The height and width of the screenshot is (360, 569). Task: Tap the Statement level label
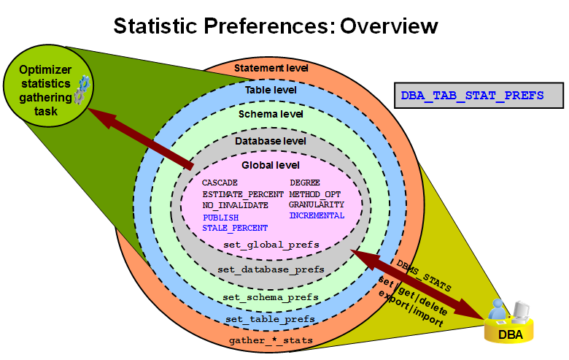pyautogui.click(x=271, y=68)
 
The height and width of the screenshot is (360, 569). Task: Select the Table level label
pyautogui.click(x=271, y=91)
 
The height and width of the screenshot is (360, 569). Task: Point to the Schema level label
pyautogui.click(x=271, y=115)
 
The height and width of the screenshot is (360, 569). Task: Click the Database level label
pyautogui.click(x=271, y=140)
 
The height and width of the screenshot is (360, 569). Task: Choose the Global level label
pyautogui.click(x=271, y=166)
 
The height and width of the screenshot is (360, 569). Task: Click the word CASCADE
pyautogui.click(x=220, y=183)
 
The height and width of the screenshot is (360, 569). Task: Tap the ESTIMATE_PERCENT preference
pyautogui.click(x=243, y=194)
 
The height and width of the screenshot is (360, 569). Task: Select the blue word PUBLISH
pyautogui.click(x=221, y=218)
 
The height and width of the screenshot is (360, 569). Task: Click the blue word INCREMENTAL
pyautogui.click(x=317, y=216)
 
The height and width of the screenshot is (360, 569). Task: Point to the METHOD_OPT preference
pyautogui.click(x=315, y=194)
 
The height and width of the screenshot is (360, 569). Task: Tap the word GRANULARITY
pyautogui.click(x=317, y=205)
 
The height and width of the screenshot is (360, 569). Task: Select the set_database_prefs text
pyautogui.click(x=271, y=269)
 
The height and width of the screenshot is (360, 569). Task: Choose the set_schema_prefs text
pyautogui.click(x=271, y=297)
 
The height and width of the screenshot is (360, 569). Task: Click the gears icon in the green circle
pyautogui.click(x=82, y=91)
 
